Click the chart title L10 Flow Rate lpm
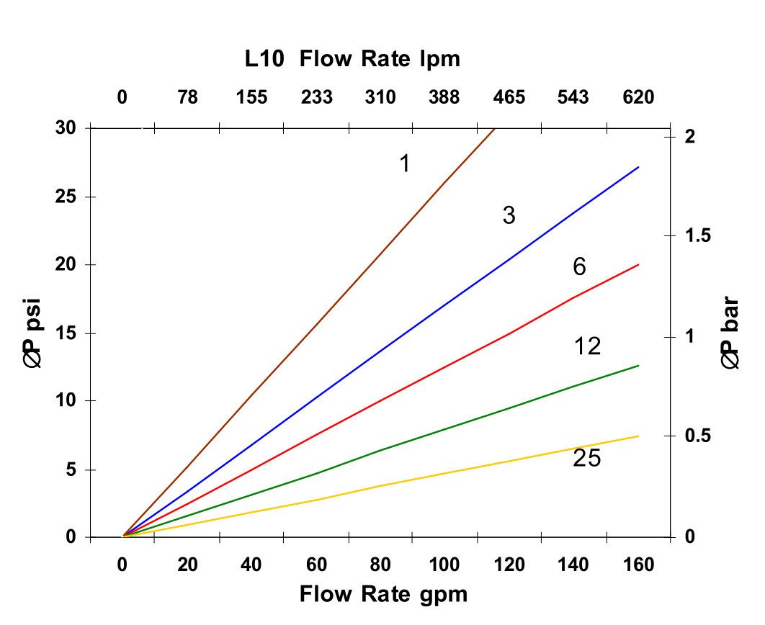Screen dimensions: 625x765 (x=352, y=60)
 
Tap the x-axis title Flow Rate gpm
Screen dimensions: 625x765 (x=383, y=595)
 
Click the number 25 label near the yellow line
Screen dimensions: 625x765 (x=586, y=458)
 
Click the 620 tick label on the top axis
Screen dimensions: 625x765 (x=638, y=97)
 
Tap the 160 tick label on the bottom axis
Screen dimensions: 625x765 (x=638, y=565)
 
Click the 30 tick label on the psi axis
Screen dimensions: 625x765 (x=69, y=128)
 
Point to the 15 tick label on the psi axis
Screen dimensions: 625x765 (x=69, y=333)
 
